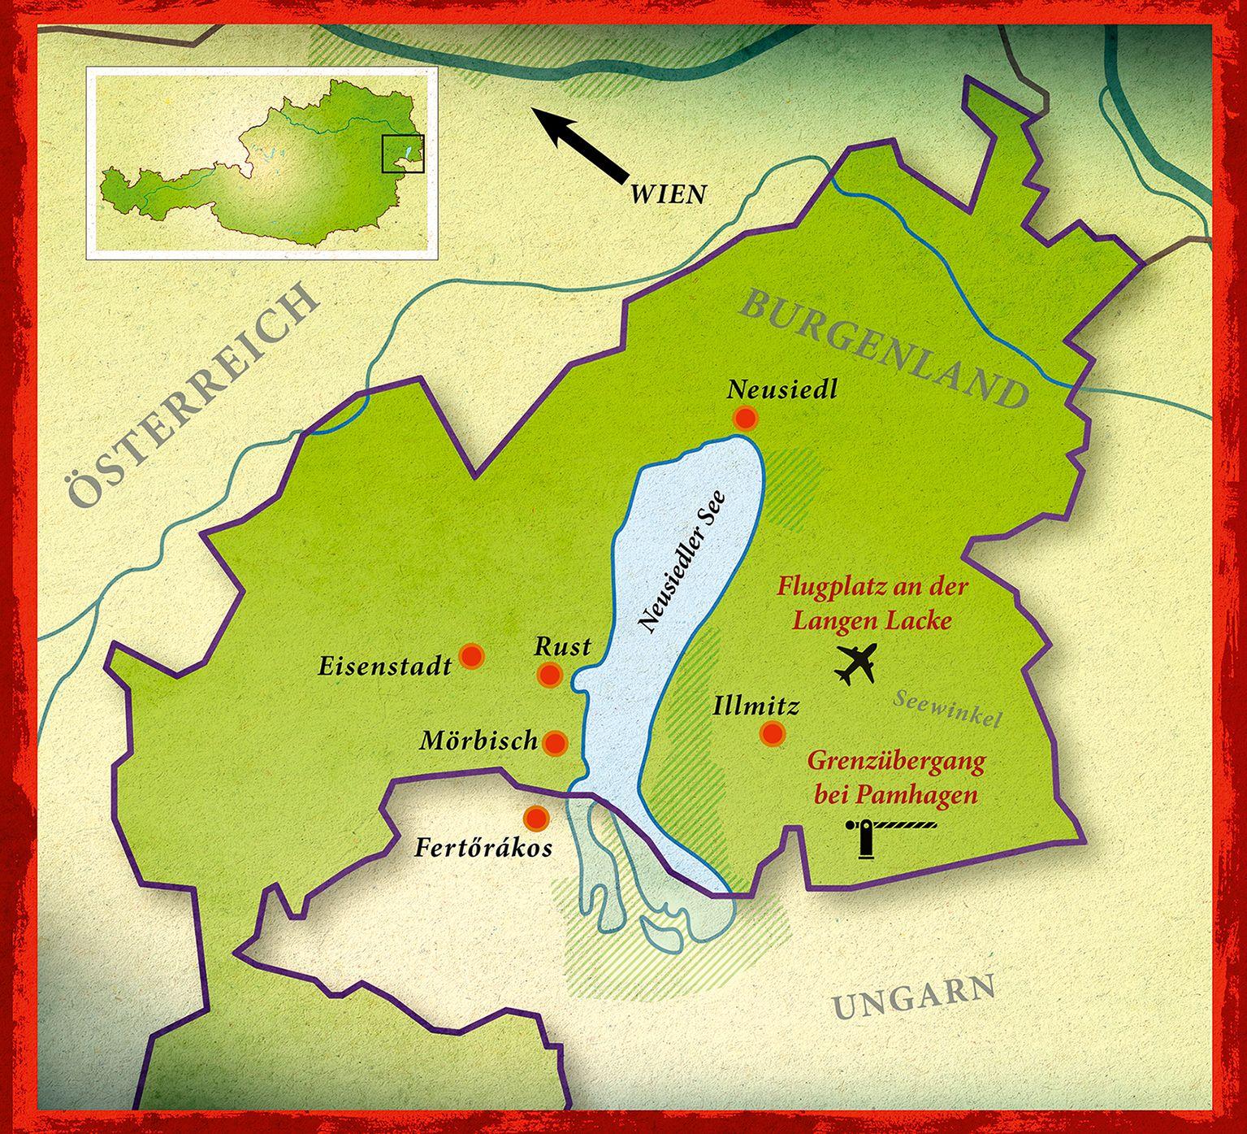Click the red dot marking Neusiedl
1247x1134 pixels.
744,419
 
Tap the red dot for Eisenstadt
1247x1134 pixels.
471,656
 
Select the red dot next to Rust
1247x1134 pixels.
550,675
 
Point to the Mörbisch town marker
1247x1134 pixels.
556,742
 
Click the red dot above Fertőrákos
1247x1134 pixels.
535,818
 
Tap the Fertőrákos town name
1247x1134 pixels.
483,849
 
